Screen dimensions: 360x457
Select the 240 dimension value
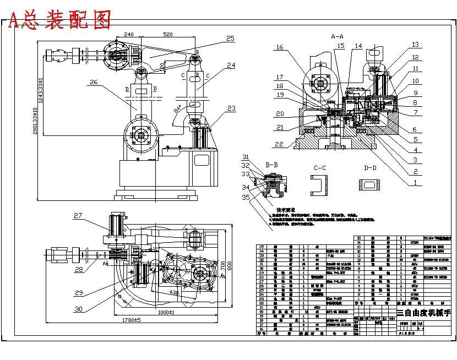(129, 34)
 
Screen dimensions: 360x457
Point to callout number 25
(230, 39)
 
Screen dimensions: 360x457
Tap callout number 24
(230, 65)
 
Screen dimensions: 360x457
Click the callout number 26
(94, 82)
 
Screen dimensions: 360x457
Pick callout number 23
(231, 108)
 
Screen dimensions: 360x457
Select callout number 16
(279, 48)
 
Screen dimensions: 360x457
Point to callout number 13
(415, 45)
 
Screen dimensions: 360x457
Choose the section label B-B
(271, 165)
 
